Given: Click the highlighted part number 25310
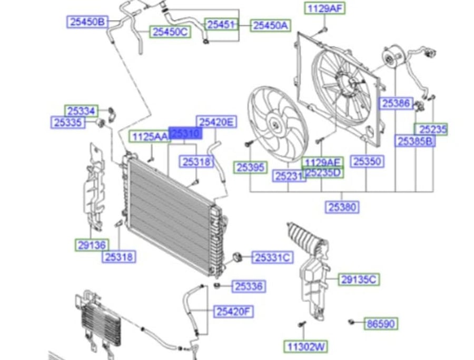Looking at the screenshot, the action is pos(185,133).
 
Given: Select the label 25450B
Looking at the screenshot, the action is pos(87,22).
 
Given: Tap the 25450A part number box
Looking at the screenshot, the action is pos(270,25).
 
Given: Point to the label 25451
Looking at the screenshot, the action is pos(222,24).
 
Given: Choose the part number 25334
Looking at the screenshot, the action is pos(81,111).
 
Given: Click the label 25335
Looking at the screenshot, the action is pos(68,122).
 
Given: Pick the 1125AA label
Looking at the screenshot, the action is pos(150,136).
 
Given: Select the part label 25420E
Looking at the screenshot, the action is pos(216,122).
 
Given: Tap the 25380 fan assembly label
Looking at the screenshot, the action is pos(342,207).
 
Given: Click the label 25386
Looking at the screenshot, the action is pos(396,104).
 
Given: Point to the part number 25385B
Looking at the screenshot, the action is pos(415,141).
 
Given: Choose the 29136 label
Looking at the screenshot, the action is pos(92,245).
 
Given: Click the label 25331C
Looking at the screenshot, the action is pos(272,257).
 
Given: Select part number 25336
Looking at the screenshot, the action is pos(249,286).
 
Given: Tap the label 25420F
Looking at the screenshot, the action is pos(234,312).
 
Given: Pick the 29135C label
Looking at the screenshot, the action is pos(359,279).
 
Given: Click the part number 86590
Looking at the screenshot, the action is pos(381,324).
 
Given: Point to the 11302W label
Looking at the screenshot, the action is pos(306,346).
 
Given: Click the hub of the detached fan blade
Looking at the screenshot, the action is pos(274,124).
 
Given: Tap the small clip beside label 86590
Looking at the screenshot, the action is pos(351,322).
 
